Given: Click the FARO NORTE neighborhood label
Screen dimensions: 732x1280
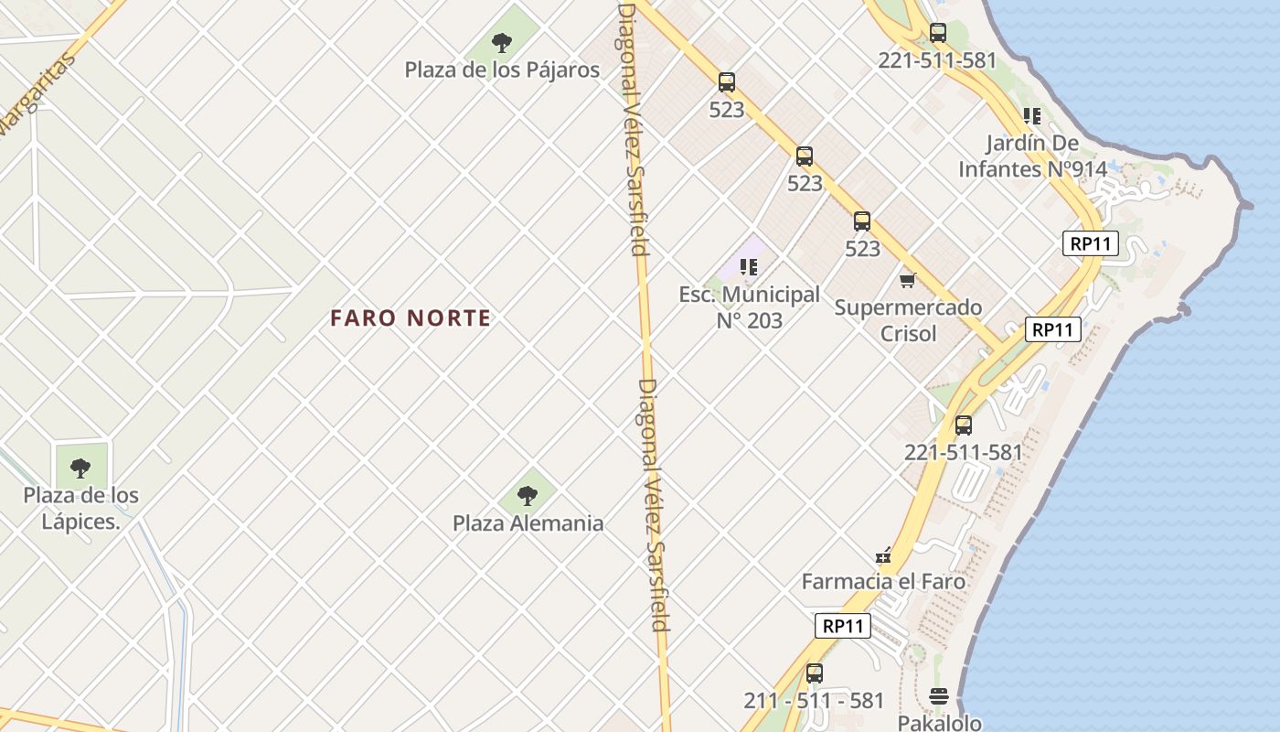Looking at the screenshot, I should [x=411, y=318].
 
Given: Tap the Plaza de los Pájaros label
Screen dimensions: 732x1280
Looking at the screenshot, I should [x=502, y=70].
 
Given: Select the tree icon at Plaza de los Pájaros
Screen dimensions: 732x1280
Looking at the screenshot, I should [x=501, y=41].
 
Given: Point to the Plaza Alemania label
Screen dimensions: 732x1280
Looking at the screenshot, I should [x=528, y=523].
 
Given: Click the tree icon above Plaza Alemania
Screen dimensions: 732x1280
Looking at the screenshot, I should [x=527, y=496].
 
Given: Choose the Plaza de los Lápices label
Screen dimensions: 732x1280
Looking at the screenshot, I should [x=81, y=508].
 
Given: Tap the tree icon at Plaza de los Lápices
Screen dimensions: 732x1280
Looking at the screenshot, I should [x=80, y=468].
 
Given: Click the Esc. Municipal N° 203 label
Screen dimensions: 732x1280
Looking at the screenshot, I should [x=749, y=307].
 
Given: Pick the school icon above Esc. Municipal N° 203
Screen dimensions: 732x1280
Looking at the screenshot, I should [x=749, y=267].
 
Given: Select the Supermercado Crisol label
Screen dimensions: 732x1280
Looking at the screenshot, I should [x=908, y=319].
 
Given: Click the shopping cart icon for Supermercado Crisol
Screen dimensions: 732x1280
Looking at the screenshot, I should [x=907, y=280].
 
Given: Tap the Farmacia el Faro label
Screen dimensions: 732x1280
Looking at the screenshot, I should [x=883, y=581].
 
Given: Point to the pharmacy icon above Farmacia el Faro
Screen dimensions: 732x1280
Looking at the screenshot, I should [x=883, y=554].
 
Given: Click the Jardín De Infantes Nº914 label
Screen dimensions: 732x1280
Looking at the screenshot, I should [x=1032, y=156].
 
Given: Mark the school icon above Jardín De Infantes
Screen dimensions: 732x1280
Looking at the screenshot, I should [x=1032, y=116].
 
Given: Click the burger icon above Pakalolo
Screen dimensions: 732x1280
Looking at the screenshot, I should [x=939, y=696].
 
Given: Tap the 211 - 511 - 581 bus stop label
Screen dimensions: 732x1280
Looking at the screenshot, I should [x=814, y=701].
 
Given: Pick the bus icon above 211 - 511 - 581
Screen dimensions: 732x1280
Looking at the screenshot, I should [x=814, y=673].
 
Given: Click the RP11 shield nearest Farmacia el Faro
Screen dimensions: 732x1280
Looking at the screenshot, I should [x=842, y=626].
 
